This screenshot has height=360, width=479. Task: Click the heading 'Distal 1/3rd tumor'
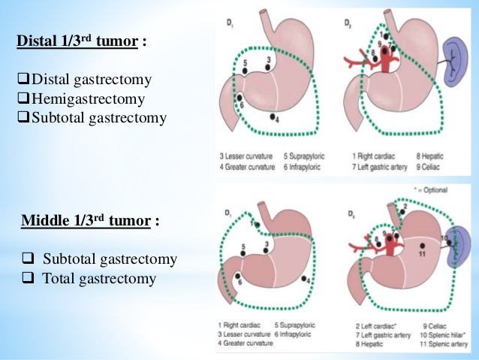tap(79, 42)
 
